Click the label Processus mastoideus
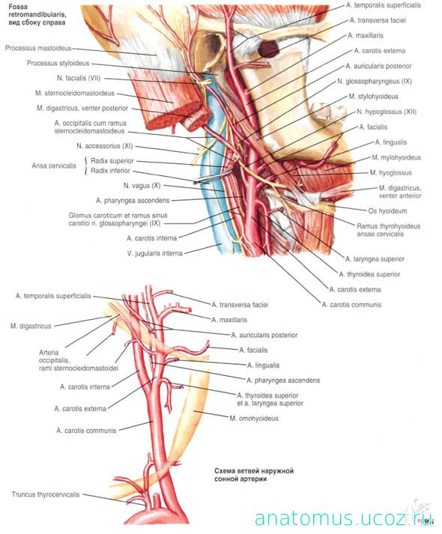(38, 48)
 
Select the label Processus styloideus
(58, 63)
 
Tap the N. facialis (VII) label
(79, 78)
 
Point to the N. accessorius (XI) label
(105, 146)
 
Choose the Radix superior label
(112, 161)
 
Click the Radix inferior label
(110, 170)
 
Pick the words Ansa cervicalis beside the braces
(54, 166)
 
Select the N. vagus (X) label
(142, 186)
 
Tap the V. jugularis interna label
(154, 253)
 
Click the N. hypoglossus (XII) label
(387, 112)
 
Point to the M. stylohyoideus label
(373, 97)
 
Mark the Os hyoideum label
(387, 210)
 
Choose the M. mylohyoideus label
(396, 157)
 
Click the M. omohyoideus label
(254, 418)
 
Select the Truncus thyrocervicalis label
(46, 494)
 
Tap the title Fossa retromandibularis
(37, 11)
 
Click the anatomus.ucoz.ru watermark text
(344, 519)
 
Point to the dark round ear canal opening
(268, 49)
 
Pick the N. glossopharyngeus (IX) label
(375, 82)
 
